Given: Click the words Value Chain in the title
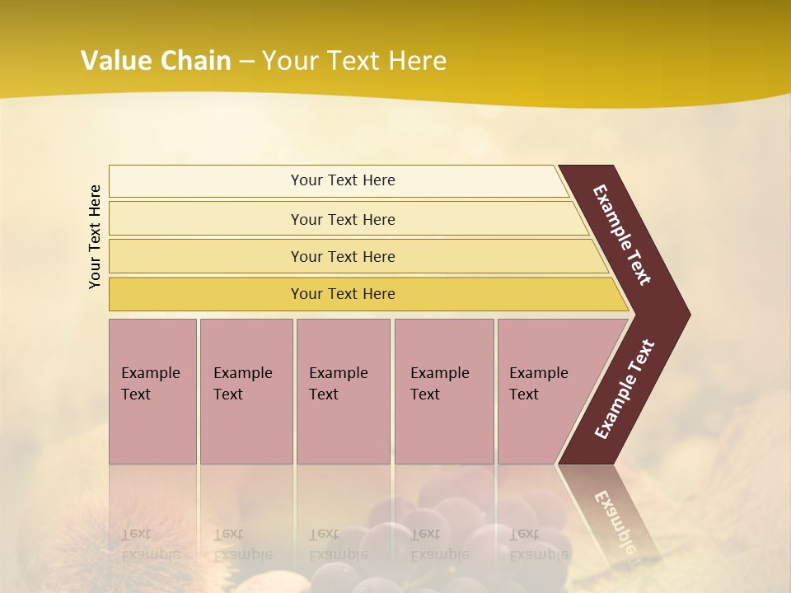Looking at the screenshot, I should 156,61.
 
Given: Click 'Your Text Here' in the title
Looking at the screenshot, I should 354,61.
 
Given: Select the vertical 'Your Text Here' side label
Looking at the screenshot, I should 95,236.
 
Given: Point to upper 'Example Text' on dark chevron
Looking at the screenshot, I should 622,235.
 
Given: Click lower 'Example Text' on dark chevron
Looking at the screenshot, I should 625,389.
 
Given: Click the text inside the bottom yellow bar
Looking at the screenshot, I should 343,294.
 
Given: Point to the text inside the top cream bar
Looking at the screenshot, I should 343,180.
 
